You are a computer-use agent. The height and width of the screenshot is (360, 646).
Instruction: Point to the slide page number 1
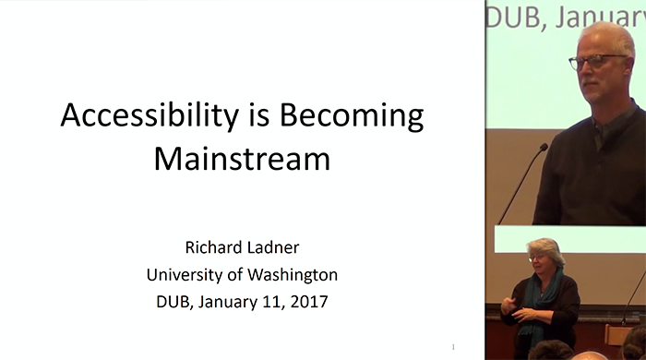coord(454,346)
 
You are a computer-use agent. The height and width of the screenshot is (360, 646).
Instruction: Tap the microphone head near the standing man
coord(543,148)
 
